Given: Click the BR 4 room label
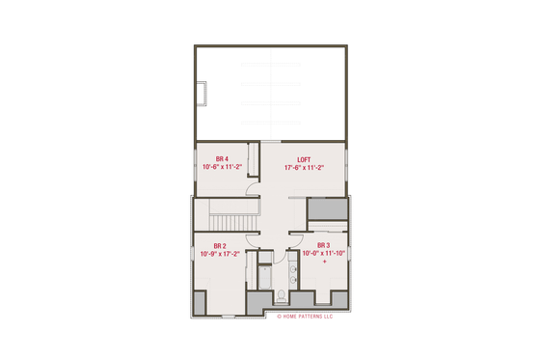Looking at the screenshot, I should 221,158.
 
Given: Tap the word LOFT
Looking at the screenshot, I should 303,158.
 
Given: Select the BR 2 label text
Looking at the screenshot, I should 219,246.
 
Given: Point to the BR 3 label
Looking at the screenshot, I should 323,245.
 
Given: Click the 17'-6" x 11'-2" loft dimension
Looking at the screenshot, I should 303,167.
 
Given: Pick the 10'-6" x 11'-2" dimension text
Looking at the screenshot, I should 221,167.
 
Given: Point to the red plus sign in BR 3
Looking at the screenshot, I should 324,262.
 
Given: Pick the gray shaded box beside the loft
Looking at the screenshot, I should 326,209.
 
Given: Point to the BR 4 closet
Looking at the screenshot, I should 256,159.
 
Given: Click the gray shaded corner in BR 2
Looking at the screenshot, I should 200,302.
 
